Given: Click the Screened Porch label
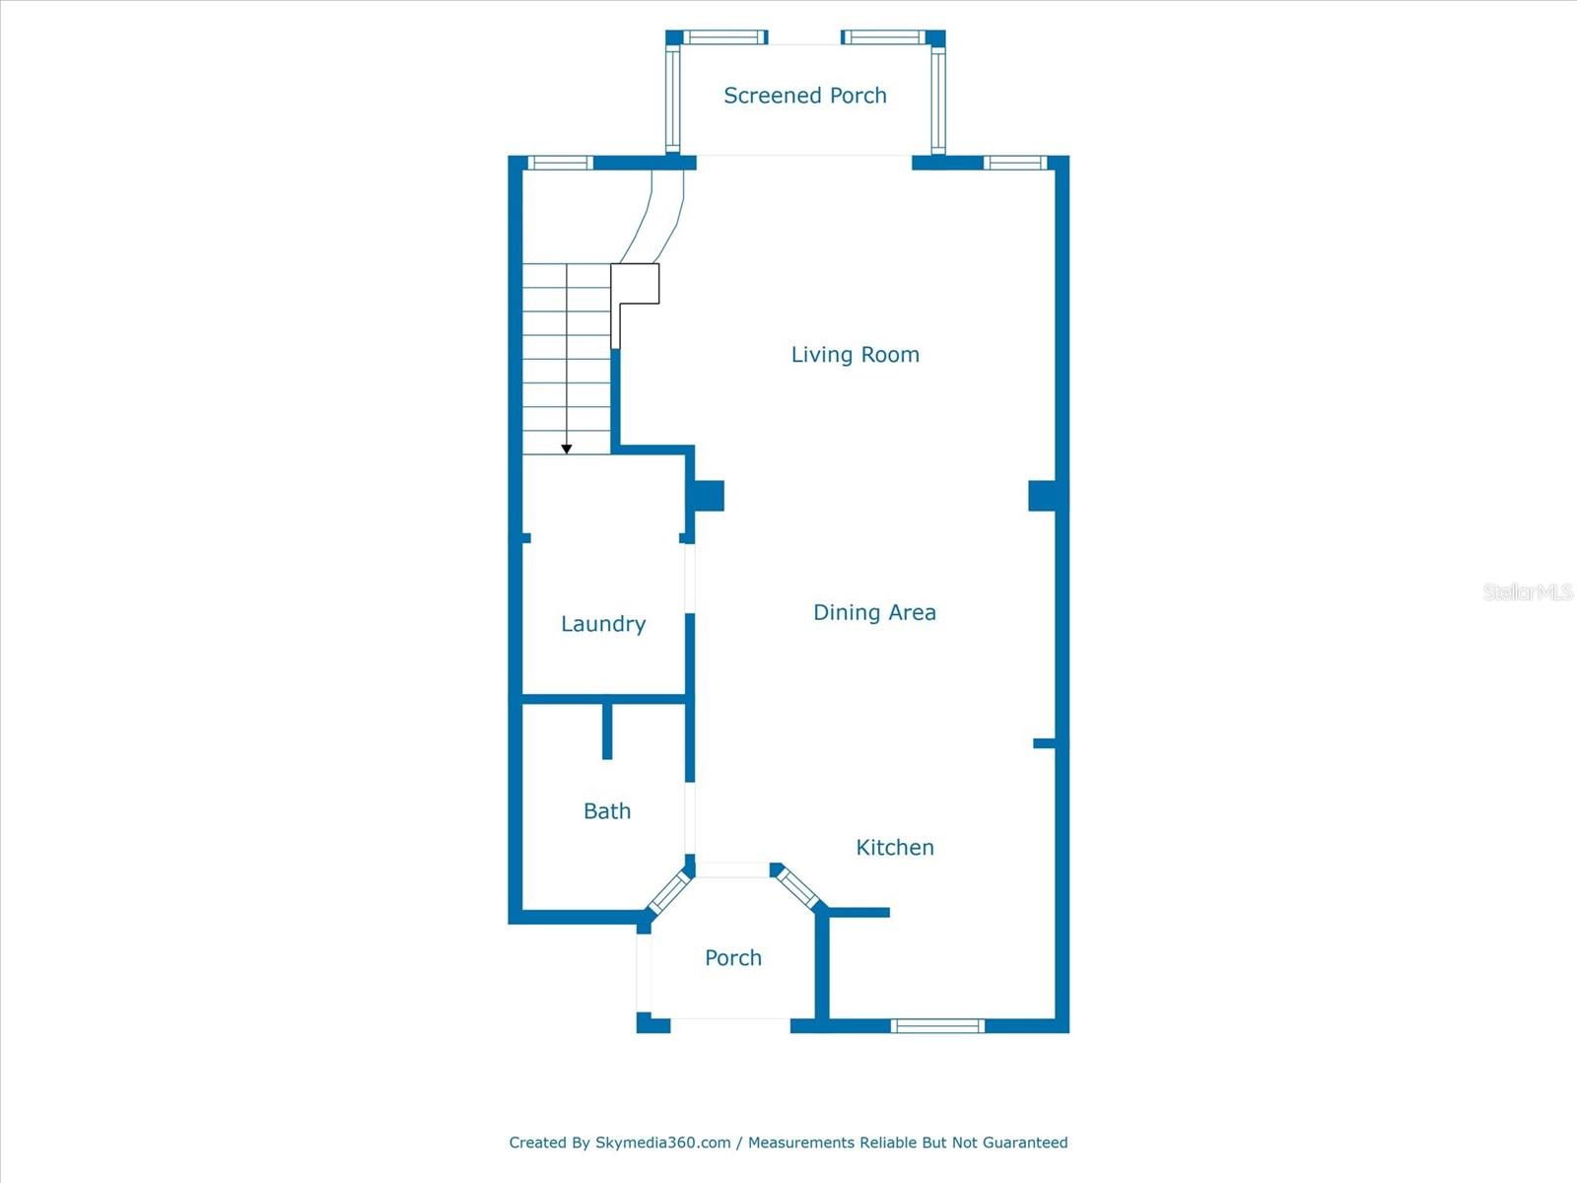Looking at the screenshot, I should click(804, 96).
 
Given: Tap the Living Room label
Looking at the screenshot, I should click(855, 355).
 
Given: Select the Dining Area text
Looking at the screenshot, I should click(874, 612).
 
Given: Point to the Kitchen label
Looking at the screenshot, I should click(894, 847).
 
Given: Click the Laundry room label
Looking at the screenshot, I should click(602, 624).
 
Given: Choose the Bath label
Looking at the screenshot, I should click(606, 811).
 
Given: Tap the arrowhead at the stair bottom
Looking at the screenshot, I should click(567, 450).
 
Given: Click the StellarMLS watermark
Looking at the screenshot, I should click(1527, 591).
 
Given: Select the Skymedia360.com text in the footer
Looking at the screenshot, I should click(662, 1143).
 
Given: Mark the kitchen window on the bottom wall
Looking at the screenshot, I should click(937, 1026).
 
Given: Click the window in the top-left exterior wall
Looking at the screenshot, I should click(560, 163).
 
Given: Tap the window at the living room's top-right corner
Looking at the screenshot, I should click(1015, 163).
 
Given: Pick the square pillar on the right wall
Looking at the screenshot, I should click(1043, 495).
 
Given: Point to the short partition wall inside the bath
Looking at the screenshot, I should click(607, 731).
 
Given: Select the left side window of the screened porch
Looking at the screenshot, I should click(673, 99).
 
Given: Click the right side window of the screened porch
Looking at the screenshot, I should click(937, 99).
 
